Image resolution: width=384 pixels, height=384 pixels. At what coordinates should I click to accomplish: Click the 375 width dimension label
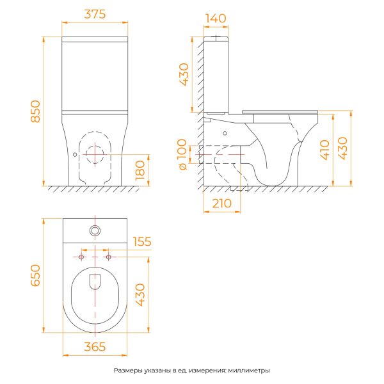[95, 14]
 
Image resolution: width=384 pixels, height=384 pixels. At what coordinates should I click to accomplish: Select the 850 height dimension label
[35, 111]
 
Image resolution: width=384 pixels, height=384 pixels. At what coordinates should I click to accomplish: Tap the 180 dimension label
[140, 170]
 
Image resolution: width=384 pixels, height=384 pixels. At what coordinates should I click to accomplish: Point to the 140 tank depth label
[216, 19]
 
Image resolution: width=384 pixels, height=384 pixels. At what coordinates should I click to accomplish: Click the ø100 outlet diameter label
[182, 154]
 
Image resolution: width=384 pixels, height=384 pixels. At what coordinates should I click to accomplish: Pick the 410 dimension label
[324, 150]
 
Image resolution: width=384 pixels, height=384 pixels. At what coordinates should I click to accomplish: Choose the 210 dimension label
[221, 204]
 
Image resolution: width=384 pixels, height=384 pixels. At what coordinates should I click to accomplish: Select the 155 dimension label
[142, 241]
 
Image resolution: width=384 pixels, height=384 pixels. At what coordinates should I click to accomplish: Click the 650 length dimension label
[35, 275]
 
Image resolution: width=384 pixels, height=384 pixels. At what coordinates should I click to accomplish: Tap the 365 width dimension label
[95, 346]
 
